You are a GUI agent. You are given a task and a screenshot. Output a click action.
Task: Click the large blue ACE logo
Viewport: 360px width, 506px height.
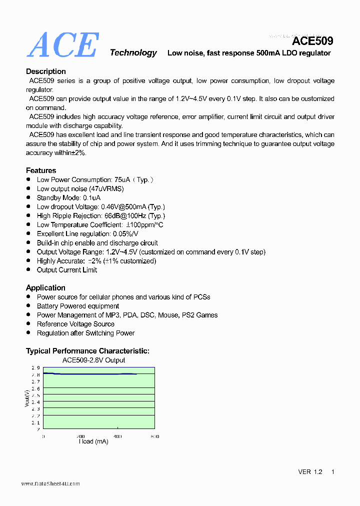62,44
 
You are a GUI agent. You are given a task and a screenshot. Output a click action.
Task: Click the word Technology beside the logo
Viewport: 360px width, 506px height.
133,52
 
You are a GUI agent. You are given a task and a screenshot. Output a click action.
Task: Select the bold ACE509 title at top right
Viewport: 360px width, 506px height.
312,41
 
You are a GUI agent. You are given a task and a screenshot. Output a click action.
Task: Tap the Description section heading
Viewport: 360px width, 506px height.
46,71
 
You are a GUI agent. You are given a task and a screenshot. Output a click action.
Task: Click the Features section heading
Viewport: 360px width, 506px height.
41,170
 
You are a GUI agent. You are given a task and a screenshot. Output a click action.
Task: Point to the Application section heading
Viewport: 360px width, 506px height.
45,287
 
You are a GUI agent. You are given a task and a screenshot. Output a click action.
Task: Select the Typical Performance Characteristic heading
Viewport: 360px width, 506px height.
87,351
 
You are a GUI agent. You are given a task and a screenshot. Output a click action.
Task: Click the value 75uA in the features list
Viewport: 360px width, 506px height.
122,179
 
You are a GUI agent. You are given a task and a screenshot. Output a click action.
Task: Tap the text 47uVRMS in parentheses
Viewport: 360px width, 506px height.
106,188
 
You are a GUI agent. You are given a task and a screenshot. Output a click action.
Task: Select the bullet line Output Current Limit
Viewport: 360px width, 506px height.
67,270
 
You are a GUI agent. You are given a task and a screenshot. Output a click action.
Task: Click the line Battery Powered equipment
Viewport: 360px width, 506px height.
78,306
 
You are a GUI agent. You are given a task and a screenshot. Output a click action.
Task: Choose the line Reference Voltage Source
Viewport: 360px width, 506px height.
75,324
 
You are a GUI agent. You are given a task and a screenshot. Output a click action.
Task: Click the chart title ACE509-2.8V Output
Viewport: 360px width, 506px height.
93,360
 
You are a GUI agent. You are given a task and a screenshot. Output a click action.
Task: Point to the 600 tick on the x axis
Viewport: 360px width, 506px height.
154,436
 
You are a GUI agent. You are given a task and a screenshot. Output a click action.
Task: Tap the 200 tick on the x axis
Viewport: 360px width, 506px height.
80,436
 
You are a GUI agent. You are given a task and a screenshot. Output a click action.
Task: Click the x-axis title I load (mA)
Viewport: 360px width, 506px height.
93,441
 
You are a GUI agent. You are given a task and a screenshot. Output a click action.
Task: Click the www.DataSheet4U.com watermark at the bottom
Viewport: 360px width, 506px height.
50,483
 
